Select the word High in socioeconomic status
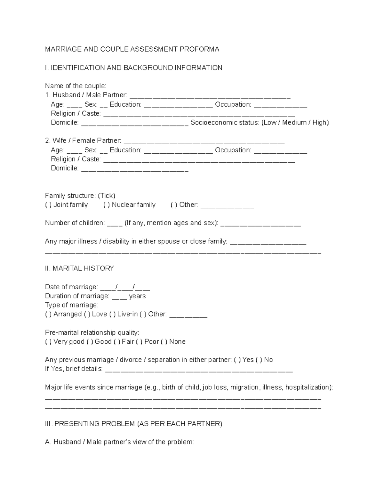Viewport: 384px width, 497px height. [x=319, y=123]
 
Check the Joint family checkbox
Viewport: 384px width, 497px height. [x=48, y=205]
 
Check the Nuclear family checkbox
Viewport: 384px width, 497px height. [x=107, y=205]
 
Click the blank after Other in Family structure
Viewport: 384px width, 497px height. [x=227, y=206]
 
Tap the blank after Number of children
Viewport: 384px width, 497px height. [x=115, y=224]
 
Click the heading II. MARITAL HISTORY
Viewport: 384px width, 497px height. [x=79, y=269]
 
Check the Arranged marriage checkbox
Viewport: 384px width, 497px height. [x=48, y=314]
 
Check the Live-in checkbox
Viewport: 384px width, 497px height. [x=112, y=314]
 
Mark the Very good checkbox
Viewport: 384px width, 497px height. [x=48, y=342]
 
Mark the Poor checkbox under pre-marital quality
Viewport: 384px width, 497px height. [x=139, y=342]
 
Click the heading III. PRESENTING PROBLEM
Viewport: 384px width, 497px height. [x=133, y=424]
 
